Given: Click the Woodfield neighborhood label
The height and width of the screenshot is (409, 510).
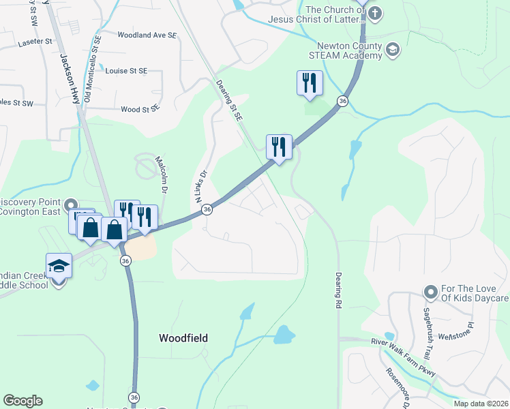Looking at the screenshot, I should click(183, 337).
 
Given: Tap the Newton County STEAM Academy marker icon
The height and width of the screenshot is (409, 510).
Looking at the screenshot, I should click(392, 50).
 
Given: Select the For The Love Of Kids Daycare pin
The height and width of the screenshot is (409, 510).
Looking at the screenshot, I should click(430, 292).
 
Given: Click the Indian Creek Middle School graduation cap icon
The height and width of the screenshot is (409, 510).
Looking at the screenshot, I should click(59, 265).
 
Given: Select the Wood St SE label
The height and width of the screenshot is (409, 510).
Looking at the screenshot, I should click(140, 109).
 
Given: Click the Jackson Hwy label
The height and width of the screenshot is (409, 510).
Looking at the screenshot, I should click(70, 78).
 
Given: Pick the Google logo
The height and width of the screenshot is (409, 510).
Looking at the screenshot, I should click(22, 401).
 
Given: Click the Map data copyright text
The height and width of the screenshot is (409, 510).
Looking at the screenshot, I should click(481, 404).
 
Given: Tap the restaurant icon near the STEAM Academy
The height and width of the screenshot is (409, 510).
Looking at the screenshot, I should click(310, 83).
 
